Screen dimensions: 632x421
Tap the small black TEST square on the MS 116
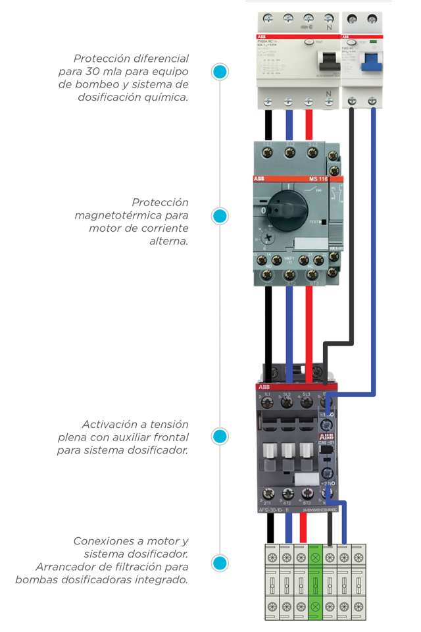(324, 222)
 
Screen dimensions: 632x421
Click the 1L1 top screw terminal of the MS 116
(268, 153)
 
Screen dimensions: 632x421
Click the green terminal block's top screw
(315, 557)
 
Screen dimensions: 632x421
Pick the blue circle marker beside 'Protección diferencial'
(220, 72)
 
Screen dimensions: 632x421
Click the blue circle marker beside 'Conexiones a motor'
(220, 563)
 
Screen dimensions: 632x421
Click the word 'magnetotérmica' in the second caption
(131, 215)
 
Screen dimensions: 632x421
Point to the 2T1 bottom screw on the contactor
(268, 493)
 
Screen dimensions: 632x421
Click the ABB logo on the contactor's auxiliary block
(326, 436)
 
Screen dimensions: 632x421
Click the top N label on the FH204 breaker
(328, 28)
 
